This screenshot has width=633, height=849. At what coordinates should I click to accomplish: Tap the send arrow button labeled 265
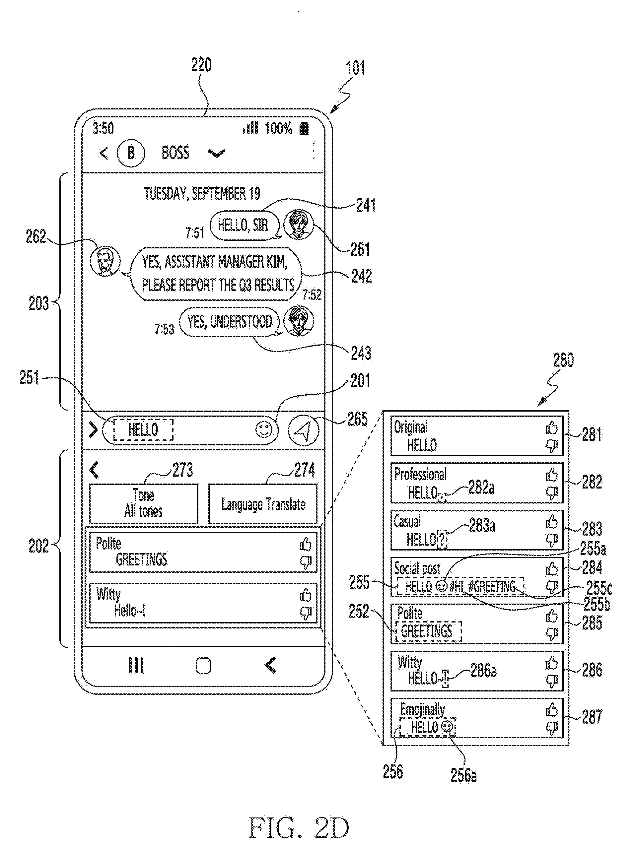pyautogui.click(x=303, y=430)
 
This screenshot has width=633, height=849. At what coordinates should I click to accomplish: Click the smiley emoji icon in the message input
pyautogui.click(x=264, y=430)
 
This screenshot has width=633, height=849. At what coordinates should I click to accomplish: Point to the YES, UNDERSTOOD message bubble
pyautogui.click(x=230, y=322)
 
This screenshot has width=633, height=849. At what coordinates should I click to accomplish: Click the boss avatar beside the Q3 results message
pyautogui.click(x=105, y=261)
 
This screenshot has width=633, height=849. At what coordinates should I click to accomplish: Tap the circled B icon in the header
pyautogui.click(x=131, y=153)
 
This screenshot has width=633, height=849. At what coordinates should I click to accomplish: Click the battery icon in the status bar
pyautogui.click(x=304, y=129)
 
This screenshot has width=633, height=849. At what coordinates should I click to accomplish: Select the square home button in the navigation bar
pyautogui.click(x=203, y=666)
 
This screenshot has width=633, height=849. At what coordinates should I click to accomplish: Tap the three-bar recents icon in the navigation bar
pyautogui.click(x=136, y=665)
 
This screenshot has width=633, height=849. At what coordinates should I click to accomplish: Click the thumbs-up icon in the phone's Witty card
pyautogui.click(x=306, y=595)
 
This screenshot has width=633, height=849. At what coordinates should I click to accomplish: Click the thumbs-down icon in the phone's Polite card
pyautogui.click(x=306, y=562)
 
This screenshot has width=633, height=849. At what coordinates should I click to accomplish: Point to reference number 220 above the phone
pyautogui.click(x=201, y=65)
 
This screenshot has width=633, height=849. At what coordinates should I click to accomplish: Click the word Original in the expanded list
pyautogui.click(x=411, y=427)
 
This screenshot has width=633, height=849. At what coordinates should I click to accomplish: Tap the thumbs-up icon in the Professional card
pyautogui.click(x=552, y=475)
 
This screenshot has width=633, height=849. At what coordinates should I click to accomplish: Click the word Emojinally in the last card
pyautogui.click(x=422, y=709)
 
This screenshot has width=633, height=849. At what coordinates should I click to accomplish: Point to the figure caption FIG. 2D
pyautogui.click(x=299, y=828)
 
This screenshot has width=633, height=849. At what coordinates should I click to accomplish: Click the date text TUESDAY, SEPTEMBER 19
pyautogui.click(x=202, y=193)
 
